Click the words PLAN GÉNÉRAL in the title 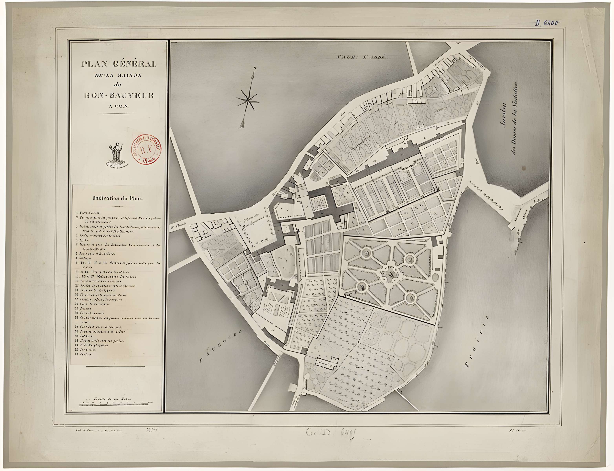point(119,64)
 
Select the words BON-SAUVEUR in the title point(119,95)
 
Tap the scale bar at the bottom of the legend point(116,405)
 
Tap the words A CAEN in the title point(118,106)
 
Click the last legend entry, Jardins point(84,354)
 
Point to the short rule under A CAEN point(116,113)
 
